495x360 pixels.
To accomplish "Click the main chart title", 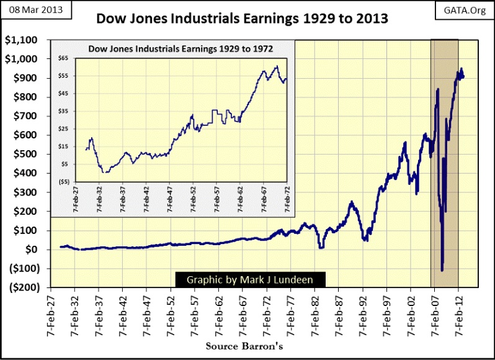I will click(x=243, y=19).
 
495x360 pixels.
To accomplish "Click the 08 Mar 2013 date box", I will click(x=36, y=11).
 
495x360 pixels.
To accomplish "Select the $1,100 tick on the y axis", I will click(x=20, y=40).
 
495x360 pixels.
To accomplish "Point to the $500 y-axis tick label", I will click(x=24, y=155).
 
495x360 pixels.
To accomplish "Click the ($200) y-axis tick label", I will click(x=21, y=288).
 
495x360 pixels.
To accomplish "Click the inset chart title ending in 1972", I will click(x=181, y=48).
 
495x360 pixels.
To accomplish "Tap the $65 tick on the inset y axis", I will click(x=64, y=58).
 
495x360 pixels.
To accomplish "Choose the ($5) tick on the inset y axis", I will click(x=63, y=182).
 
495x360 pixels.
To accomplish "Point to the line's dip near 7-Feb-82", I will click(x=321, y=248).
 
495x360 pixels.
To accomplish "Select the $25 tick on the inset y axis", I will click(x=64, y=129).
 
